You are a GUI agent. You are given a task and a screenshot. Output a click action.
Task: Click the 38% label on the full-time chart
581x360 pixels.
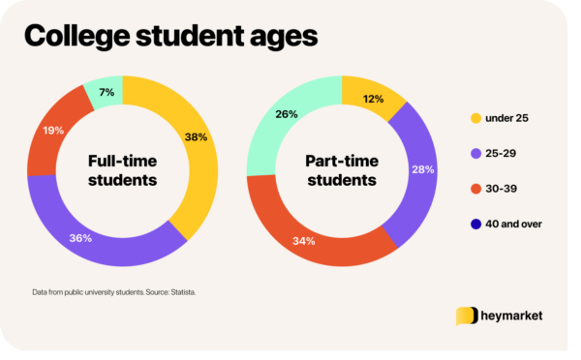[197, 136]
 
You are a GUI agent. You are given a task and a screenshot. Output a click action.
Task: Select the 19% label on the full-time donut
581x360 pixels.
[52, 129]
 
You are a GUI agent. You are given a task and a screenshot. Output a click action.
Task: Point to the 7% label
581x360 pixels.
[104, 93]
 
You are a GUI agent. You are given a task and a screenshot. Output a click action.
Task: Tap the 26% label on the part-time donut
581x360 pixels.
[288, 114]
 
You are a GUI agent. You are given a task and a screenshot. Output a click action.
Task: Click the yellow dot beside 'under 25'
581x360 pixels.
[475, 118]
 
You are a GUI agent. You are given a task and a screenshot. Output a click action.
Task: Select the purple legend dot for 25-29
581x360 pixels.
[475, 153]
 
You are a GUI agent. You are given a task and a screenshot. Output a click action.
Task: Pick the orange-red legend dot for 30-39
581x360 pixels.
[475, 188]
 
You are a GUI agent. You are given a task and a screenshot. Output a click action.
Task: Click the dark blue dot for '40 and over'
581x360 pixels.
[475, 224]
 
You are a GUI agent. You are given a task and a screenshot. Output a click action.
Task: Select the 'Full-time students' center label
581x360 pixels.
[123, 171]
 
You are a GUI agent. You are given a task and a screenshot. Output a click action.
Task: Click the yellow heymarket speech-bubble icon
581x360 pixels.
[467, 316]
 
